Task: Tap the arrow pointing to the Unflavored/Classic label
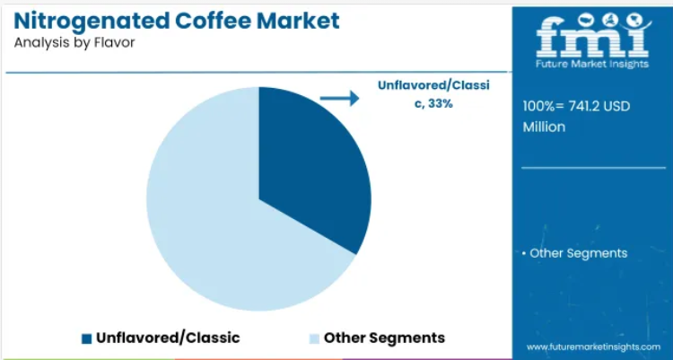coord(339,99)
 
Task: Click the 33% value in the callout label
coord(441,103)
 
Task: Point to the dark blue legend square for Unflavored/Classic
coord(87,338)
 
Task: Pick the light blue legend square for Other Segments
coord(314,338)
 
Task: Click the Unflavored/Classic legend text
coord(168,338)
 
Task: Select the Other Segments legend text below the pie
coord(384,338)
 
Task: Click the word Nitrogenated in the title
coord(92,21)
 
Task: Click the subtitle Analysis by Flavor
coord(74,43)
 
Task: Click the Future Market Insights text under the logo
coord(592,64)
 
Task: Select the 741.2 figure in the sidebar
coord(584,106)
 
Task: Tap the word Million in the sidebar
coord(544,127)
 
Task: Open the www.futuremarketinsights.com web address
coord(593,347)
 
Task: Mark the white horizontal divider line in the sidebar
coord(593,168)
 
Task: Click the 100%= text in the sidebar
coord(544,106)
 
